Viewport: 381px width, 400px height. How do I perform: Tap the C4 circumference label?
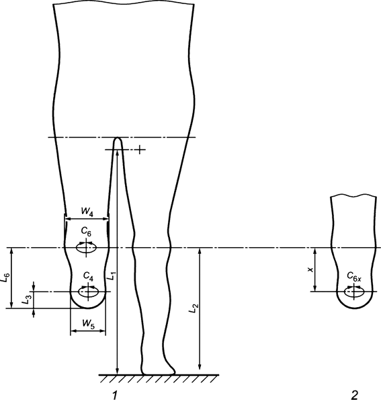coord(88,277)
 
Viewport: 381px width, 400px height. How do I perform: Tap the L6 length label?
coord(7,277)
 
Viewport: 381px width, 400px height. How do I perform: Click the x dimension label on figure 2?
coord(310,269)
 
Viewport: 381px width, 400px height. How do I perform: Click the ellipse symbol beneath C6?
coord(86,248)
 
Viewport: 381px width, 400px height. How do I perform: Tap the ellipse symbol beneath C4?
coord(88,292)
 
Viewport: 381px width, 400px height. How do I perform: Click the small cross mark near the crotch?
coord(139,148)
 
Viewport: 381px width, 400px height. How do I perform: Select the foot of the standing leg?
coord(159,368)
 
